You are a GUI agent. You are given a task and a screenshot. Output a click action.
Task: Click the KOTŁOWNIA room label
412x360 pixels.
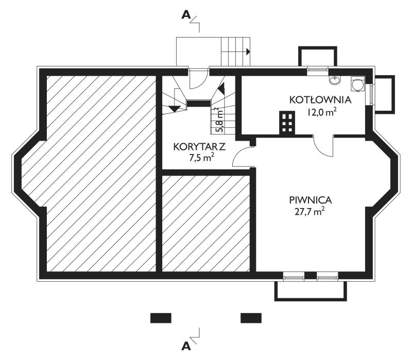click(x=320, y=100)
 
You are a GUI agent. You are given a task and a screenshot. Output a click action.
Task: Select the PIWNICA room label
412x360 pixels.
click(x=311, y=200)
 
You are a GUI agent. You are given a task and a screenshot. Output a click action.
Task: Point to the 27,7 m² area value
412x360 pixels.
click(x=310, y=212)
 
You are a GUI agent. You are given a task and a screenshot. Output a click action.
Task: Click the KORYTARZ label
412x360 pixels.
click(x=199, y=147)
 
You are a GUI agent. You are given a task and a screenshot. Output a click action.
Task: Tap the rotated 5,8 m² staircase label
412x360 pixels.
click(x=219, y=119)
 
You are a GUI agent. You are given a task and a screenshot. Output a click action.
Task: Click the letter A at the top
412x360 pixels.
click(x=186, y=15)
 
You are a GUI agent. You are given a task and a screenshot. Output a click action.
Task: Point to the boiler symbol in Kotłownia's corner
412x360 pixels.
click(x=357, y=83)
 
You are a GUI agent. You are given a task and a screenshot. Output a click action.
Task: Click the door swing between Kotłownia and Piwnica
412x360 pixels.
click(x=324, y=147)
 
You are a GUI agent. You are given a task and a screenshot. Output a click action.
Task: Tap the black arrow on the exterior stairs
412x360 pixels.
click(x=248, y=52)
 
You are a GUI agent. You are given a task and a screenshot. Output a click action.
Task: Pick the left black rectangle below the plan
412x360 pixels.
click(x=161, y=318)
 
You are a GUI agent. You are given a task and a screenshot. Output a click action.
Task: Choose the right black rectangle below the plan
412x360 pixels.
click(x=251, y=318)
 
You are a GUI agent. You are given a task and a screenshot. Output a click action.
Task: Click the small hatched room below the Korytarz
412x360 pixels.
click(x=205, y=224)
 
